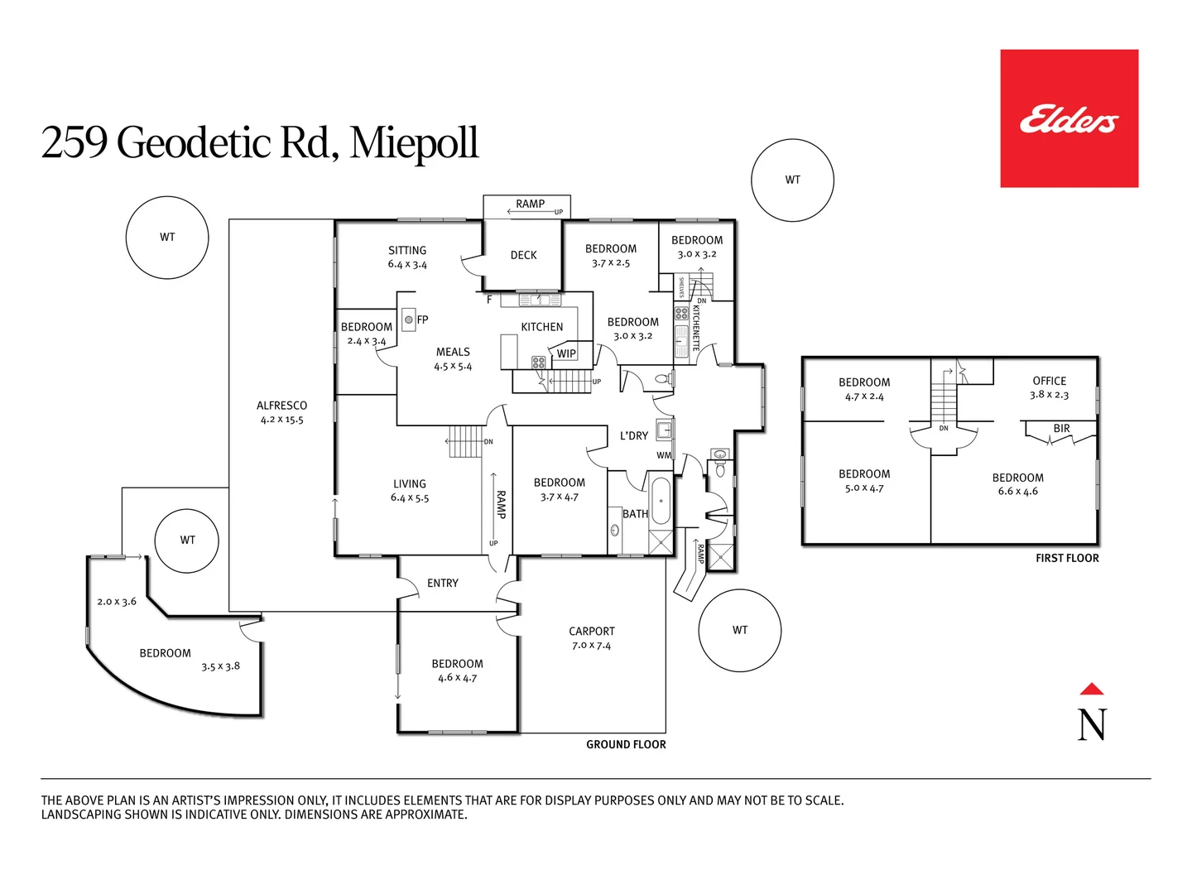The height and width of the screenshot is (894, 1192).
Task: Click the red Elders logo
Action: click(1069, 118)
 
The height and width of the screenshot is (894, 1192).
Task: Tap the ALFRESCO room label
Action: click(281, 406)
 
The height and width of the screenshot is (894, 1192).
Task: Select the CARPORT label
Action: click(591, 631)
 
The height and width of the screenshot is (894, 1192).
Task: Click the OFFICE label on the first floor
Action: click(1049, 381)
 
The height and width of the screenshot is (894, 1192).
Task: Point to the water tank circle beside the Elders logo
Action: click(792, 180)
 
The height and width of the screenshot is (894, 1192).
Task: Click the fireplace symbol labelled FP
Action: click(409, 320)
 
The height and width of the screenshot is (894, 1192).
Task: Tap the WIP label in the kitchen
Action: click(566, 353)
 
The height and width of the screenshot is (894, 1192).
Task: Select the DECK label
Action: click(523, 255)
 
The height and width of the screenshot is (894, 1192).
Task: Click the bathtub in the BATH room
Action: click(661, 500)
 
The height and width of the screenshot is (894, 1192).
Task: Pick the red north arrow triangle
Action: click(1092, 689)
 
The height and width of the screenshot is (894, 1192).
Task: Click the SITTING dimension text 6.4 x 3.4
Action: click(407, 265)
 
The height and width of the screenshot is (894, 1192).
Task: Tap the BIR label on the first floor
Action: click(1061, 428)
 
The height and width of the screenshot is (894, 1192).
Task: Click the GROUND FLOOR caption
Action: click(626, 744)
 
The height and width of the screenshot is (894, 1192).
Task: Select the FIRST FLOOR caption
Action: click(1067, 558)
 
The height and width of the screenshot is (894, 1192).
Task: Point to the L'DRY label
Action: click(634, 435)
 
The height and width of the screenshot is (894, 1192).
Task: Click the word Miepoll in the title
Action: click(414, 142)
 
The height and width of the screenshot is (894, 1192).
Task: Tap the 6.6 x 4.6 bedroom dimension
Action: click(1017, 492)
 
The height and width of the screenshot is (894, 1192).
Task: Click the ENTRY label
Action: click(443, 584)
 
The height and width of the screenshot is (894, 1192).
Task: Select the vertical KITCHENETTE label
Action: click(696, 328)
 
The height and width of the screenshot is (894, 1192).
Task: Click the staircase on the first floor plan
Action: click(944, 401)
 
